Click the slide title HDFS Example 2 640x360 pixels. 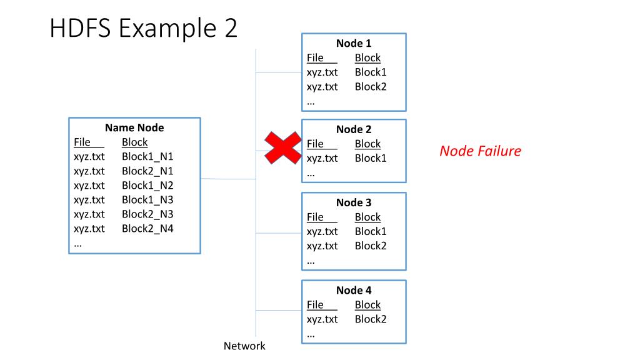click(143, 27)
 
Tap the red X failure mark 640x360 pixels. click(283, 147)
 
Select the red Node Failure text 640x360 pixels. click(480, 151)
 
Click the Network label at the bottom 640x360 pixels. click(244, 346)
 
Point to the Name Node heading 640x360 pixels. click(134, 127)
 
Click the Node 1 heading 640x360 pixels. click(354, 43)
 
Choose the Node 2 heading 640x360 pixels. click(354, 129)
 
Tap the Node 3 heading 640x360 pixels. click(354, 202)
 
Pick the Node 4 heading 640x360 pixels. click(354, 290)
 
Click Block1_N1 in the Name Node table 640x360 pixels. click(147, 157)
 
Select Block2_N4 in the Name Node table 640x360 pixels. click(147, 229)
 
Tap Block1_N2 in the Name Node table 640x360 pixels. click(147, 185)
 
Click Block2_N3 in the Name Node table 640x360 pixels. click(147, 214)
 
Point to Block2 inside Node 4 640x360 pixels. click(370, 319)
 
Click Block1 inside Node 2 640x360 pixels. click(370, 158)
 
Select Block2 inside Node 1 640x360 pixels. click(370, 86)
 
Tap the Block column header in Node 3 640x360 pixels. click(367, 217)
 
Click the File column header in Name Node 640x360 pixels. click(82, 142)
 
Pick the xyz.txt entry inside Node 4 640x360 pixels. click(322, 319)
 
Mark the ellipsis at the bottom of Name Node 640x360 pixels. click(77, 246)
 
